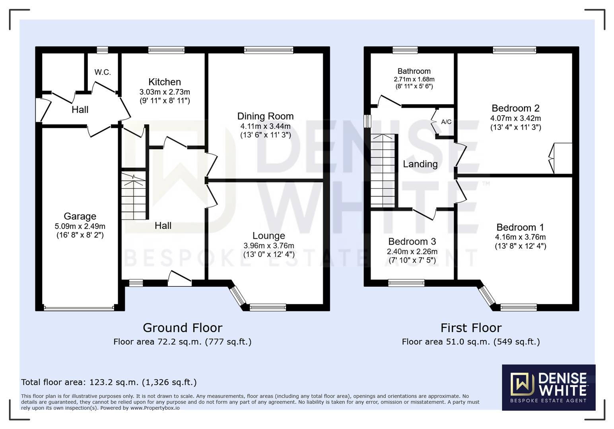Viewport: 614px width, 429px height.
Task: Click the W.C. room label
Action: (x=103, y=72)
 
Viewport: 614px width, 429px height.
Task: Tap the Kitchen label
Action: (x=165, y=82)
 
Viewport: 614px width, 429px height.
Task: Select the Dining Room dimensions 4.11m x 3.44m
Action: (x=265, y=126)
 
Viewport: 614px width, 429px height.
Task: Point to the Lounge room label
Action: (x=269, y=236)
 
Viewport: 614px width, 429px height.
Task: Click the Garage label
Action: (x=80, y=216)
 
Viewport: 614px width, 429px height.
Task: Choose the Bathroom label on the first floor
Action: (x=414, y=71)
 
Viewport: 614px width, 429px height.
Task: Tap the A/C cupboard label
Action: (x=446, y=122)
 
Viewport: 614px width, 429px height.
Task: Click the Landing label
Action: (x=420, y=164)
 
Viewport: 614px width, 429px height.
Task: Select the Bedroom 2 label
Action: (x=515, y=108)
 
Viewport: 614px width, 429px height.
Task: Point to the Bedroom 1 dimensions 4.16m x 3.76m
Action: (x=520, y=237)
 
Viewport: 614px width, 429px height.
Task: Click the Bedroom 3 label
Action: (x=412, y=242)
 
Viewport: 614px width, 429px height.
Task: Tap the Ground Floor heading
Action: (x=183, y=328)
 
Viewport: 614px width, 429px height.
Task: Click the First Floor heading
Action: (x=471, y=328)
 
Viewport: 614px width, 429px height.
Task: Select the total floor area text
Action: (x=109, y=382)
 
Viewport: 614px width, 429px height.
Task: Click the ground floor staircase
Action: (x=134, y=196)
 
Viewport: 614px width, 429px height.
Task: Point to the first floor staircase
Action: (x=383, y=170)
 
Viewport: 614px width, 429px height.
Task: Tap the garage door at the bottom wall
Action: (x=79, y=307)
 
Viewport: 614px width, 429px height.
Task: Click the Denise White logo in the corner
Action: (x=548, y=387)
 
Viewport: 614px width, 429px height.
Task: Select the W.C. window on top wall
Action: (x=102, y=50)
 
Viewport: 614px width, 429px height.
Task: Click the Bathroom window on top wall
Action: (x=405, y=50)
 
